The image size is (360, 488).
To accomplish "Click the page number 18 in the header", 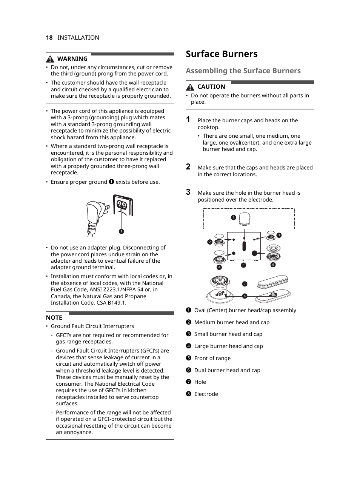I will (x=49, y=38).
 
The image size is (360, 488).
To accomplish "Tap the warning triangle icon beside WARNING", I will (x=50, y=59).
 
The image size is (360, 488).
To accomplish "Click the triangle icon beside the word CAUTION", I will (x=190, y=87).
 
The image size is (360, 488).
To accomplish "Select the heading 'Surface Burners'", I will (x=222, y=54).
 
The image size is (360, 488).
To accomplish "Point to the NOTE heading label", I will (x=54, y=318).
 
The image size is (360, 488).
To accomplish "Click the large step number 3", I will (x=188, y=192).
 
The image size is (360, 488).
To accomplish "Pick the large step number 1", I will (x=188, y=120).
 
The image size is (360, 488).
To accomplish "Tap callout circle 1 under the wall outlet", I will (x=122, y=231).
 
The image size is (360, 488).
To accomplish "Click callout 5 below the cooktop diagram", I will (x=243, y=265).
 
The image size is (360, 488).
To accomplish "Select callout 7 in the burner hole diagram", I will (x=245, y=284).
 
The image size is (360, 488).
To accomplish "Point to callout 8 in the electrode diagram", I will (x=245, y=296).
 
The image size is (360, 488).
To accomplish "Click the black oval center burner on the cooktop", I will (x=244, y=246).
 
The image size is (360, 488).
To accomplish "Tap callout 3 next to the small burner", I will (x=279, y=235).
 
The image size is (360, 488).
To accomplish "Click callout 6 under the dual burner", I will (x=273, y=265).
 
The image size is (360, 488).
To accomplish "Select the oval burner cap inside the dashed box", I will (x=245, y=219).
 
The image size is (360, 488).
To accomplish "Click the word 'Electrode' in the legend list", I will (x=206, y=394).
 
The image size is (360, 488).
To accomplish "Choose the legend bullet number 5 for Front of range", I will (x=189, y=358).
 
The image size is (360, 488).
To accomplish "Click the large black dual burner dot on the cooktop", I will (x=254, y=253).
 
